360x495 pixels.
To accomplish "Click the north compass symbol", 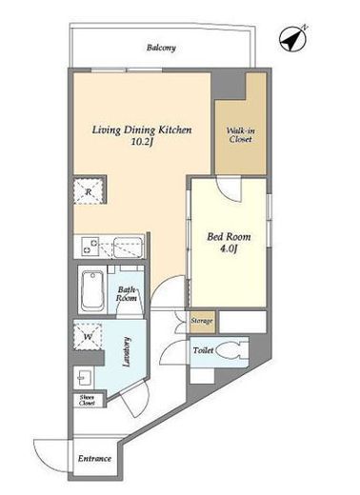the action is click(293, 38).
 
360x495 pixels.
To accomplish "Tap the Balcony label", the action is click(161, 48).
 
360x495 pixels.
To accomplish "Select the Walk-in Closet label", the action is click(241, 135).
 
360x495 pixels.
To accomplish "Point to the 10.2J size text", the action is click(142, 142).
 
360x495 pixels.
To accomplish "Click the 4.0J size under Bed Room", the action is click(229, 249).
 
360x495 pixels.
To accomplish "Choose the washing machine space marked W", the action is click(88, 337).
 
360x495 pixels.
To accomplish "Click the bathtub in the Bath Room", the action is click(92, 291).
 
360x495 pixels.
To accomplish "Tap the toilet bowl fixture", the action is click(232, 350).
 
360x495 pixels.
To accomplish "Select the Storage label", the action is click(202, 321).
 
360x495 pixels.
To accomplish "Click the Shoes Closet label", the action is click(87, 401).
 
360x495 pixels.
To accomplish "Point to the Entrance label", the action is click(94, 459).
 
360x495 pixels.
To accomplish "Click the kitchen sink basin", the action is click(129, 247).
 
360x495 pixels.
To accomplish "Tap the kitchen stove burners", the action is click(90, 247).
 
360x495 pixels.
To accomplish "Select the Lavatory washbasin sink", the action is click(84, 378).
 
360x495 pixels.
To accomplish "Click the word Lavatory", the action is click(127, 351).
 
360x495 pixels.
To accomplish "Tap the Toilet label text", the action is click(203, 350).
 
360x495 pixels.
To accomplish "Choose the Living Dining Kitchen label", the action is click(142, 130).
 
